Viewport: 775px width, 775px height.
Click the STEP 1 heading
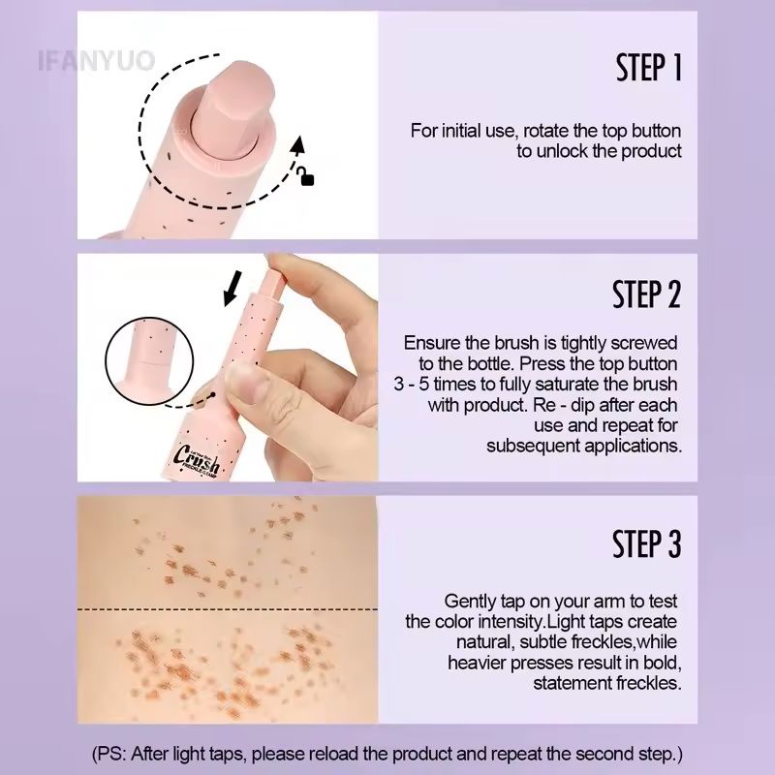(649, 69)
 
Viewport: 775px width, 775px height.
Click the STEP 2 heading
(647, 294)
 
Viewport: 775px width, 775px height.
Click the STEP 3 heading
(647, 544)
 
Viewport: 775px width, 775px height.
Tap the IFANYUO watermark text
(96, 63)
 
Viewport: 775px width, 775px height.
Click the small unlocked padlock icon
(307, 177)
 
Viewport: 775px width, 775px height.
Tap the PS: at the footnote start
(115, 753)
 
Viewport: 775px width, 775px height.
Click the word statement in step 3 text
(571, 683)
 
